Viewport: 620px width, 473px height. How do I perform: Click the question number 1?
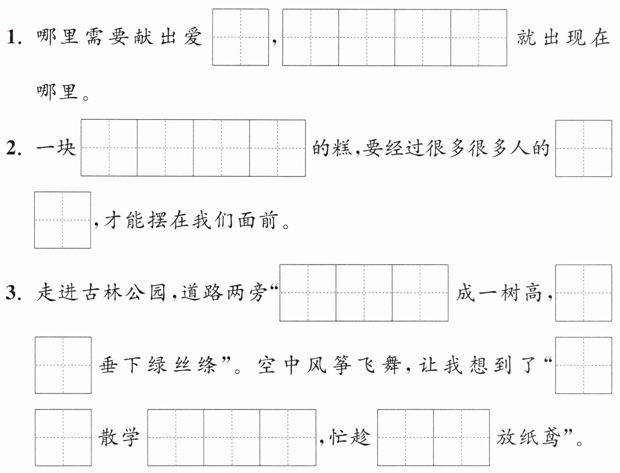[14, 37]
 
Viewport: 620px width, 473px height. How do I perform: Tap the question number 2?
[14, 148]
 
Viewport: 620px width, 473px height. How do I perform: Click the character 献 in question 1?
[143, 37]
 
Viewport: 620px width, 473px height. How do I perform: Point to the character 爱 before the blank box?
[193, 37]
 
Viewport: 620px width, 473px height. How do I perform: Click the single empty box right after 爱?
[240, 37]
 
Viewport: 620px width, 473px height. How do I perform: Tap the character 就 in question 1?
[526, 37]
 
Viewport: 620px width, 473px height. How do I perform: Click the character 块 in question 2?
[66, 148]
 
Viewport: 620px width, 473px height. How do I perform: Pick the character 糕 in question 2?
[342, 148]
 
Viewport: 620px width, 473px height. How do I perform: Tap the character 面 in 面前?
[246, 220]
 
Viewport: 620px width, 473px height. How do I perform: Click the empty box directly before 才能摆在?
[63, 220]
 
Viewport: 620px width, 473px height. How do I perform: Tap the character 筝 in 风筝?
[341, 365]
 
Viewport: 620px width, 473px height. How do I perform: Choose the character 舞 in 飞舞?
[391, 365]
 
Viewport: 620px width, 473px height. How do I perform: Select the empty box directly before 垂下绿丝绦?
[63, 365]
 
